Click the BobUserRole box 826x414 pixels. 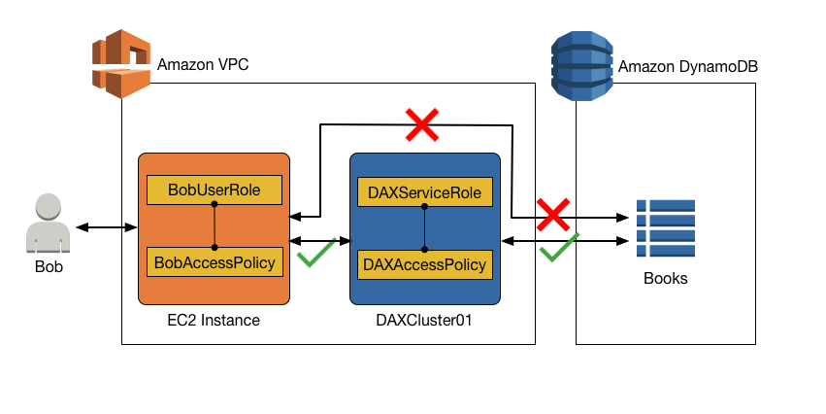(x=215, y=190)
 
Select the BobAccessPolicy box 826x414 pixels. (x=215, y=261)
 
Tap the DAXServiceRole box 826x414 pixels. (x=425, y=191)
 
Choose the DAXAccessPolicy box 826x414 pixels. (x=425, y=263)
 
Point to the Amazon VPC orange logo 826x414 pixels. (x=120, y=63)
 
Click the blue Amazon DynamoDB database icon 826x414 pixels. (x=580, y=65)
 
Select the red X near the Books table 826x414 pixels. (x=553, y=213)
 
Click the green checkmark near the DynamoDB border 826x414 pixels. (x=558, y=248)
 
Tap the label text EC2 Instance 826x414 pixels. (x=214, y=319)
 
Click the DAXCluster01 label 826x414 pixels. (x=424, y=319)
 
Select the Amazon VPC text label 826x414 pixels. (x=202, y=66)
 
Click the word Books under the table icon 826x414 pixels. (x=666, y=279)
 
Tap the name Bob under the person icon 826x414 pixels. (x=49, y=266)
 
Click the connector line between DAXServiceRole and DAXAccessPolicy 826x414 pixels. (x=425, y=227)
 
